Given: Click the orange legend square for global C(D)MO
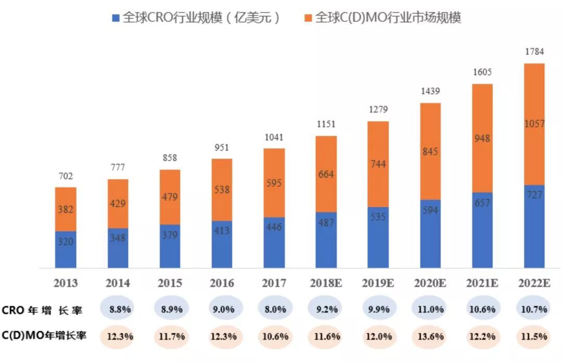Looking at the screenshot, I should (308, 18).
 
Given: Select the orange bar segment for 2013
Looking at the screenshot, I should (66, 209).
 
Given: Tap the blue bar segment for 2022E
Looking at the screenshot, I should (534, 227).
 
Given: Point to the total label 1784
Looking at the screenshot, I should (534, 52).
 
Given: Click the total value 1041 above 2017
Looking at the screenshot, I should (274, 137).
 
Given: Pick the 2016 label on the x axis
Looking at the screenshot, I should (222, 283).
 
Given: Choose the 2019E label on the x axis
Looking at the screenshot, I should (378, 283).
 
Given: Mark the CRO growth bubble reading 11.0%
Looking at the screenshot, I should (430, 309).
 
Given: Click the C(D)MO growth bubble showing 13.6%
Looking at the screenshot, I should (430, 336).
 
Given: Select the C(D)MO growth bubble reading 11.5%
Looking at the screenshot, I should (534, 336).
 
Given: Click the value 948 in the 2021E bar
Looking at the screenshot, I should (482, 139).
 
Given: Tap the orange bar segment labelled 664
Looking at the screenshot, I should (326, 174).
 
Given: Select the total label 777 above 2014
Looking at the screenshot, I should (118, 168).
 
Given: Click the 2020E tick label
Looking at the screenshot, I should (430, 283).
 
